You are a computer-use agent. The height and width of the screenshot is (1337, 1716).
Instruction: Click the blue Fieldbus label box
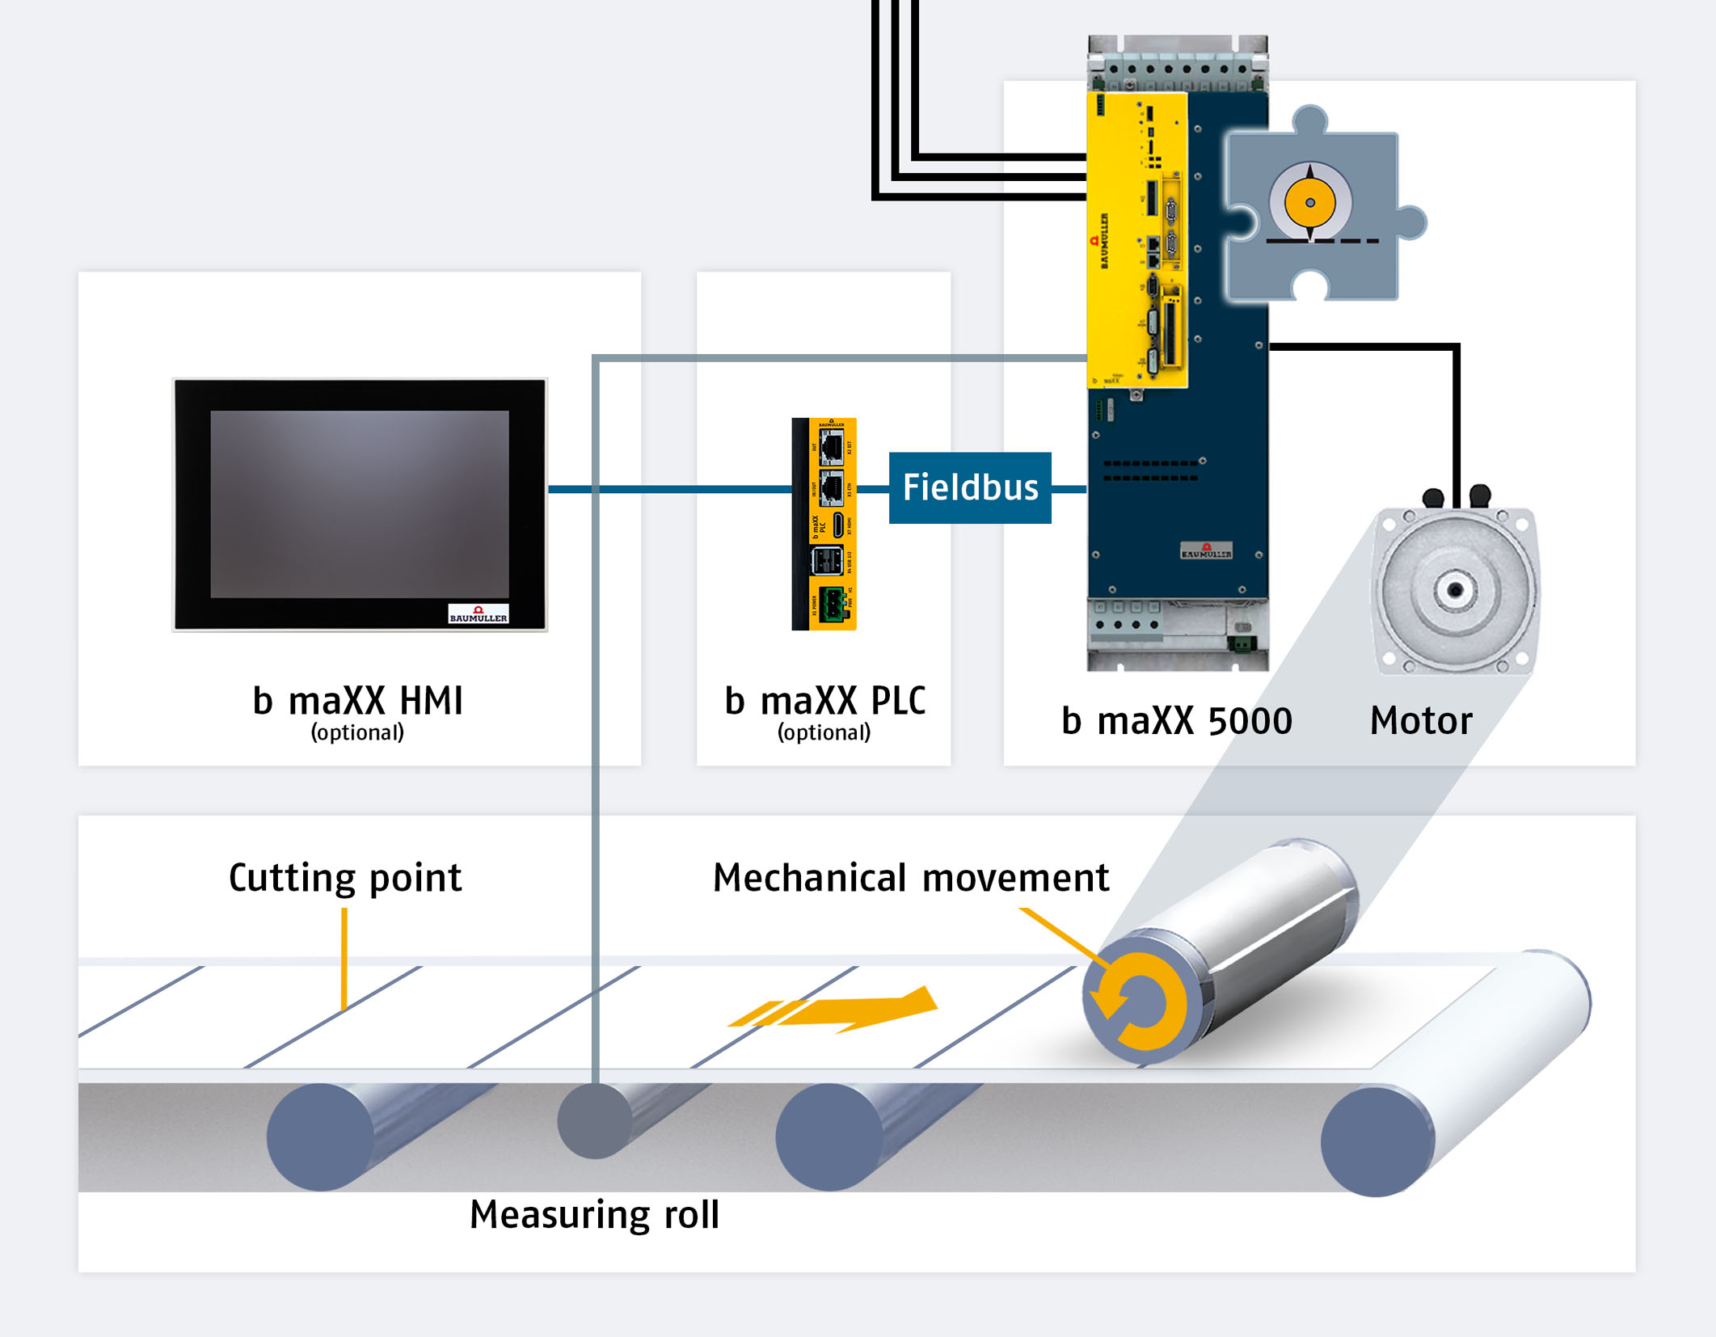[x=970, y=487]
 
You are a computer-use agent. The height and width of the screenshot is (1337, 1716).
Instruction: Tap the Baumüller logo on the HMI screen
[x=479, y=614]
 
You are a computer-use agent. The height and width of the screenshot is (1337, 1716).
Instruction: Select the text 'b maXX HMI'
[x=358, y=700]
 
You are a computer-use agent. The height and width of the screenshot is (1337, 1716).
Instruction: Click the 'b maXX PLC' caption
[x=824, y=700]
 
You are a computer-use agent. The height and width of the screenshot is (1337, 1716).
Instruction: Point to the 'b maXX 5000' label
[x=1176, y=720]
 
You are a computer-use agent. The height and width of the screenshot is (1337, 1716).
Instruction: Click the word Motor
[x=1421, y=720]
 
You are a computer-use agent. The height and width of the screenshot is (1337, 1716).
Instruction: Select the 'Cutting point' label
[x=345, y=877]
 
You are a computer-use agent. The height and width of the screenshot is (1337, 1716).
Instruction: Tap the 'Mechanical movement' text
[x=911, y=877]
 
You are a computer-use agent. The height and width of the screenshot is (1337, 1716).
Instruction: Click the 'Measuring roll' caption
[x=594, y=1214]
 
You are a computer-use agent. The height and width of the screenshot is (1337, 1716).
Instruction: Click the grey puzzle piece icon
[x=1326, y=267]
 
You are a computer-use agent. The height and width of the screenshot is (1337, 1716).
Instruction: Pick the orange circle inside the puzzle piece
[x=1309, y=203]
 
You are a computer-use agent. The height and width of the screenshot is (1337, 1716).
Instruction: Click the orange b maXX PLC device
[x=824, y=523]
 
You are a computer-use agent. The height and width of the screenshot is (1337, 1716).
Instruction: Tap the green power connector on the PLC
[x=833, y=603]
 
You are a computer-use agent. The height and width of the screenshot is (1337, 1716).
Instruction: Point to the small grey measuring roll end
[x=594, y=1120]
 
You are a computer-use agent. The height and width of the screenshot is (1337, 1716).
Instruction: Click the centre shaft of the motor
[x=1455, y=589]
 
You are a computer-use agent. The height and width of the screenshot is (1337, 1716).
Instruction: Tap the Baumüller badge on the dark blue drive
[x=1206, y=551]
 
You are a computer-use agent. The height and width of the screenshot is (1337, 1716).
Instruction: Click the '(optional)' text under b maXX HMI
[x=357, y=732]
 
